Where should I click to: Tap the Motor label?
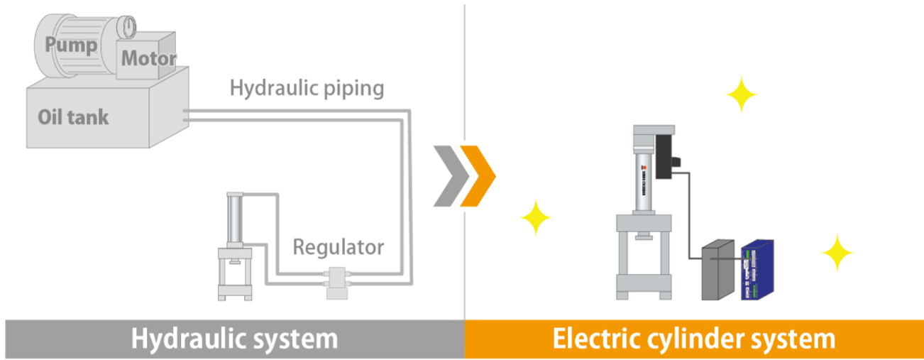pyautogui.click(x=148, y=58)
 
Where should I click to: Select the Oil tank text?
pyautogui.click(x=73, y=116)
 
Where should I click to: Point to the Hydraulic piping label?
pyautogui.click(x=307, y=88)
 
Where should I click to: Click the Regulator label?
pyautogui.click(x=339, y=247)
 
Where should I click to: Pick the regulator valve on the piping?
pyautogui.click(x=333, y=278)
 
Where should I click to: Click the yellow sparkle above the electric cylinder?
pyautogui.click(x=742, y=96)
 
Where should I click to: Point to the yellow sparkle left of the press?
pyautogui.click(x=536, y=217)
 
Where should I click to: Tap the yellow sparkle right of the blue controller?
pyautogui.click(x=837, y=252)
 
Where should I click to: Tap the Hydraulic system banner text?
pyautogui.click(x=234, y=339)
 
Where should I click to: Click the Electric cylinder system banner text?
pyautogui.click(x=693, y=339)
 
